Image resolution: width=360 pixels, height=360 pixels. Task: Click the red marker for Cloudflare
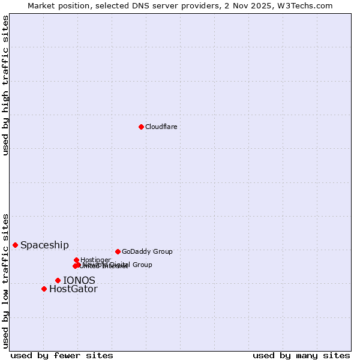tap(141, 127)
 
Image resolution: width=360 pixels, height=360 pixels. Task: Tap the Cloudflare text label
tap(161, 127)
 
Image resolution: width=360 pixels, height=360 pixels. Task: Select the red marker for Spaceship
tap(15, 245)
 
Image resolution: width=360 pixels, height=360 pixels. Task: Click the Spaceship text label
tap(44, 245)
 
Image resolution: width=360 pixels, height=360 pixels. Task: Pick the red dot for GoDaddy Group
tap(118, 251)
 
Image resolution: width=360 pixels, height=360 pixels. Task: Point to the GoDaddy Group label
tap(147, 251)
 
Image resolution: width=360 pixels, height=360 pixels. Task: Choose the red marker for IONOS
tap(58, 280)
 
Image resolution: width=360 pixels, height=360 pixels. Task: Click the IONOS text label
tap(79, 280)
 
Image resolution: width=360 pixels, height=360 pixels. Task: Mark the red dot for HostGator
tap(44, 289)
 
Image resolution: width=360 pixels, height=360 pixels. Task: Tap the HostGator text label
tap(73, 289)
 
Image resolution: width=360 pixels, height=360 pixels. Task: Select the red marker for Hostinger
tap(76, 260)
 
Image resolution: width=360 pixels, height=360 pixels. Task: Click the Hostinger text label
tap(95, 260)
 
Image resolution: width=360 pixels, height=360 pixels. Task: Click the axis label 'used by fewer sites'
tap(62, 355)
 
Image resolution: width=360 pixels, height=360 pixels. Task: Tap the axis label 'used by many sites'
tap(301, 355)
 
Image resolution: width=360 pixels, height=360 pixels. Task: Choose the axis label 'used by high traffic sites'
tap(5, 85)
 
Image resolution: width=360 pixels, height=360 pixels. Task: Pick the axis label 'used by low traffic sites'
tap(5, 280)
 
